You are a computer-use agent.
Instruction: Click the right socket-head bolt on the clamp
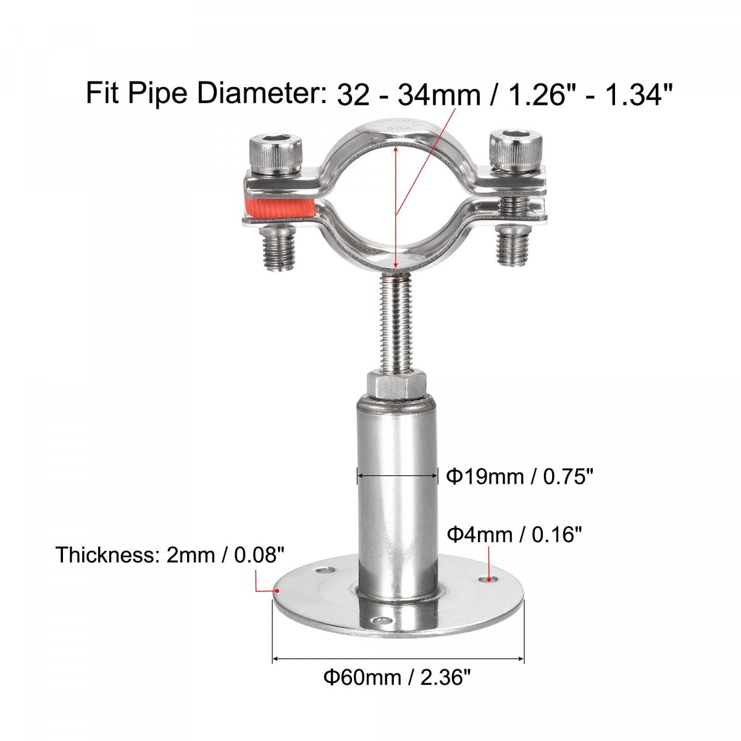[x=514, y=153]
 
